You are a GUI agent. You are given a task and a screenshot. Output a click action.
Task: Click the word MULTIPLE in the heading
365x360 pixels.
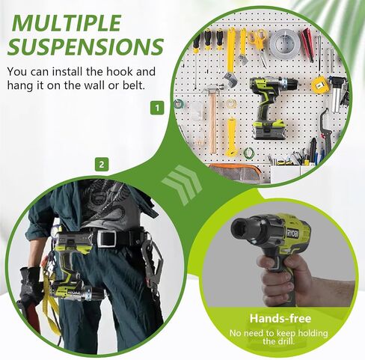pyautogui.click(x=67, y=23)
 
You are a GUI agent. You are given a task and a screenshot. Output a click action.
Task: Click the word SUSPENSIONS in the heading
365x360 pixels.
pyautogui.click(x=85, y=46)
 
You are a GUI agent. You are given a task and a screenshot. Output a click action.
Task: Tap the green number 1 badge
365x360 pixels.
pyautogui.click(x=157, y=108)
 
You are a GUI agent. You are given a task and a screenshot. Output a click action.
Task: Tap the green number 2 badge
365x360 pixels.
pyautogui.click(x=102, y=165)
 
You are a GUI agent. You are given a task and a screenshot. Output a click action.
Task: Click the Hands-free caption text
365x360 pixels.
pyautogui.click(x=280, y=318)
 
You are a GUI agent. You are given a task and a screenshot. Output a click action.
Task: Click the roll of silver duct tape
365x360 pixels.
pyautogui.click(x=283, y=42)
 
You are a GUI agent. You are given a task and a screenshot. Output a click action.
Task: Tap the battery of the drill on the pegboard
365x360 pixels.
pyautogui.click(x=269, y=129)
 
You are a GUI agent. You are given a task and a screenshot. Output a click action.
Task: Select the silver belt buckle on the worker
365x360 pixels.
pyautogui.click(x=107, y=238)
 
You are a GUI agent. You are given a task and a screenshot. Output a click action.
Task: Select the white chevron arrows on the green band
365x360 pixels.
pyautogui.click(x=182, y=184)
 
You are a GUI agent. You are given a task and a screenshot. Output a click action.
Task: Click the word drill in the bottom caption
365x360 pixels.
pyautogui.click(x=287, y=341)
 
